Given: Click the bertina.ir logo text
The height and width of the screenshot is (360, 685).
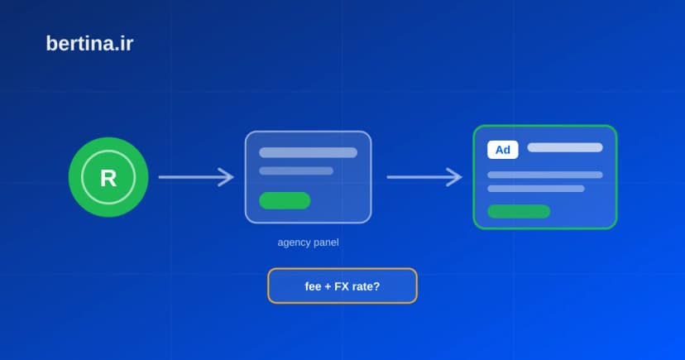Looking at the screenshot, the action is (x=89, y=44).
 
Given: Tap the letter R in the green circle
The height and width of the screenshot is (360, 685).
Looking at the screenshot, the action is (x=108, y=178).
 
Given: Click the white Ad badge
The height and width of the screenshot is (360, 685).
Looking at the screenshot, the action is (x=503, y=150).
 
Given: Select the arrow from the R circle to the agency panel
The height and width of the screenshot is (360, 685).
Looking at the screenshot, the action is (x=196, y=177).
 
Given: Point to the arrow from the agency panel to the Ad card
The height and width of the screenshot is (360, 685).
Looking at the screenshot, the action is (x=424, y=177).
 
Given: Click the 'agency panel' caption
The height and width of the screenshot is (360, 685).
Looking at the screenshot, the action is (x=308, y=242).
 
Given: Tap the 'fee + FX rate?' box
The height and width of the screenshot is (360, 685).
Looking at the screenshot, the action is (x=342, y=286).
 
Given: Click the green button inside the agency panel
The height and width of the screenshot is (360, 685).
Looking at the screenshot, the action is (x=285, y=200).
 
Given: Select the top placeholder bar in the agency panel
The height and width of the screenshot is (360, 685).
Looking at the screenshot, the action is (x=308, y=152).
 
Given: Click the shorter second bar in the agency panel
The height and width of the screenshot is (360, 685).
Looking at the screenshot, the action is (x=296, y=170).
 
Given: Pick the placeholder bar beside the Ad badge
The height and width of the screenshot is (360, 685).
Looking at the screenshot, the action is (x=565, y=147).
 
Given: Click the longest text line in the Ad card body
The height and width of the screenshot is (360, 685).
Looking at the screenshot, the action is (x=544, y=175).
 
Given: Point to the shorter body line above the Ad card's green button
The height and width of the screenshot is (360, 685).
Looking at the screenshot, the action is (x=536, y=189).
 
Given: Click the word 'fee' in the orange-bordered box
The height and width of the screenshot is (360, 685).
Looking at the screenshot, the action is (x=313, y=286).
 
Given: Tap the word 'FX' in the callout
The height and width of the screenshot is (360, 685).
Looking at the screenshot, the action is (x=342, y=286).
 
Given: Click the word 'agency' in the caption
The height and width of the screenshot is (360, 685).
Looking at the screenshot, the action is (x=292, y=243).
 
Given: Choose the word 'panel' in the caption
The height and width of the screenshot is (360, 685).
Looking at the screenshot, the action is (x=324, y=242).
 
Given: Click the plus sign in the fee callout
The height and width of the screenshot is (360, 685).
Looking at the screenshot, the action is (x=328, y=287).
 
